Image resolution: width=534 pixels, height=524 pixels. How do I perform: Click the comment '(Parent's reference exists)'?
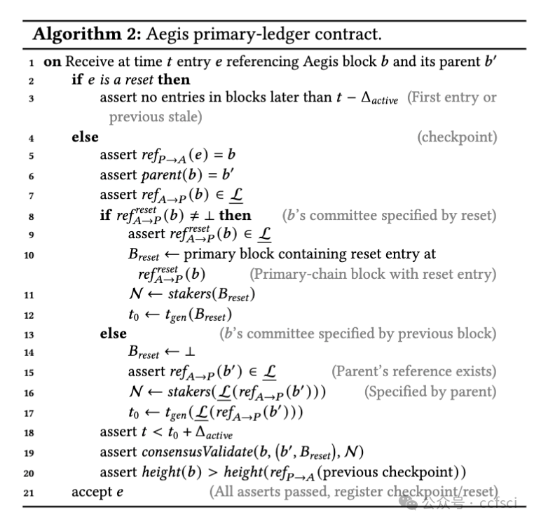point(414,371)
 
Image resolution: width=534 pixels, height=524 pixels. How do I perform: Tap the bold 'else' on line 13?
point(113,333)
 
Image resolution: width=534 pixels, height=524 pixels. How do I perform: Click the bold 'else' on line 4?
point(85,137)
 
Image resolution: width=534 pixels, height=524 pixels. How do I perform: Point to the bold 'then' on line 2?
point(174,80)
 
